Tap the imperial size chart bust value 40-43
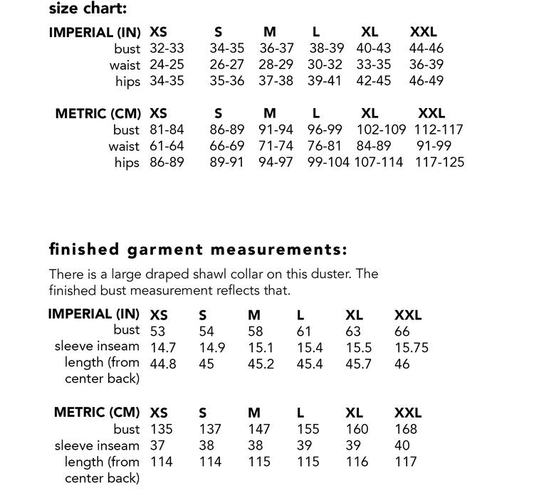pos(373,49)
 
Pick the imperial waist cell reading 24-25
pos(167,65)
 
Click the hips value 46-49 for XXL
pos(426,80)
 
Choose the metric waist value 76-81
pos(325,146)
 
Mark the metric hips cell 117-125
pos(441,162)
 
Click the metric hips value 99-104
pos(328,162)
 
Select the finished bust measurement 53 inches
pos(157,332)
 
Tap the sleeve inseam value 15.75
pos(411,348)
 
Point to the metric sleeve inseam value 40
pos(402,445)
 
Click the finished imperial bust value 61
pos(304,332)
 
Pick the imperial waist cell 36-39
pos(426,65)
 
